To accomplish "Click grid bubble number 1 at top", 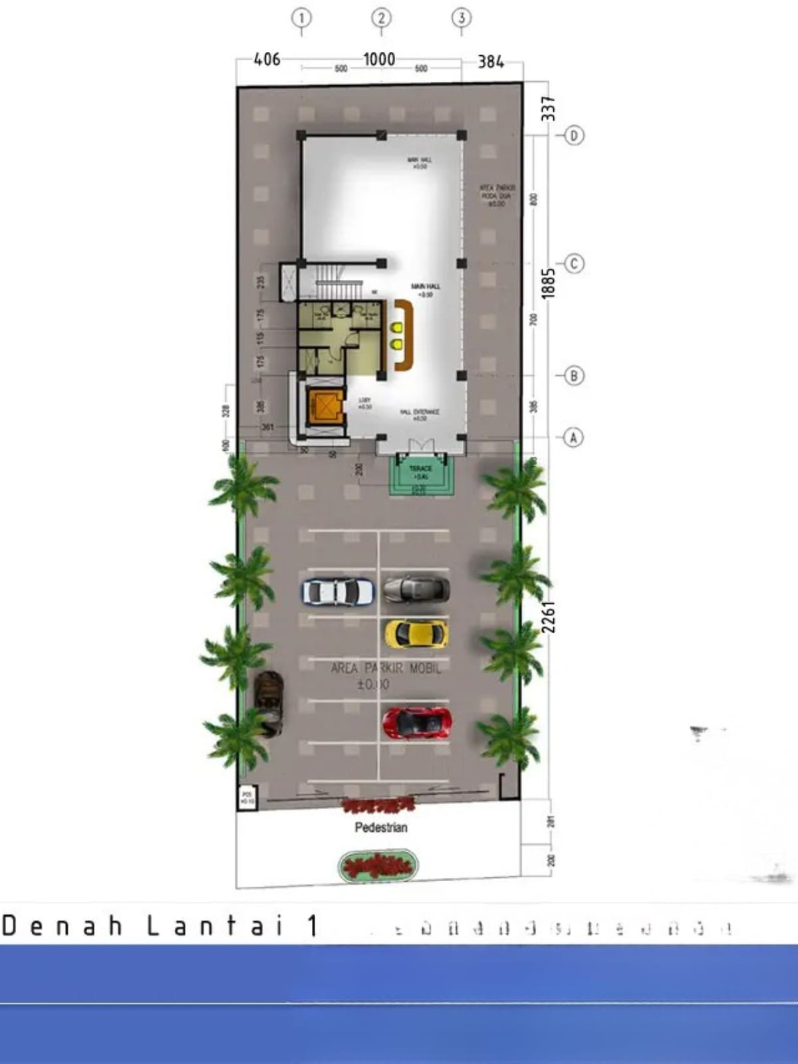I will tap(301, 18).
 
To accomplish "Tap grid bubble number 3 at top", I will tap(462, 18).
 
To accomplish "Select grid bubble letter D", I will tap(574, 136).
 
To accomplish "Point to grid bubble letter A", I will tap(573, 438).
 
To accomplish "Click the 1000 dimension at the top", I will tap(379, 59).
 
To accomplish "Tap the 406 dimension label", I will tap(267, 59).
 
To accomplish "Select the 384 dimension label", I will tap(491, 62).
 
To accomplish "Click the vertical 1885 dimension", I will tap(548, 283).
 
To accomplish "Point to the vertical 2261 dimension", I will tap(548, 617).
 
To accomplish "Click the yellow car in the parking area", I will tap(416, 634).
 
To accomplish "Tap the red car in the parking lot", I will tap(417, 723).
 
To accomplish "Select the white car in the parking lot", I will tap(338, 591).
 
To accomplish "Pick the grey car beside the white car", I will tap(416, 589).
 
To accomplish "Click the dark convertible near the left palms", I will tap(269, 703).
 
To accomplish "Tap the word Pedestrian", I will tap(380, 827).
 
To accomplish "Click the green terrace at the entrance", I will tap(422, 474).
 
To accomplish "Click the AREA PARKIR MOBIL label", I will tap(386, 668).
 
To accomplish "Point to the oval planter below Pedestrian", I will tap(378, 866).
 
